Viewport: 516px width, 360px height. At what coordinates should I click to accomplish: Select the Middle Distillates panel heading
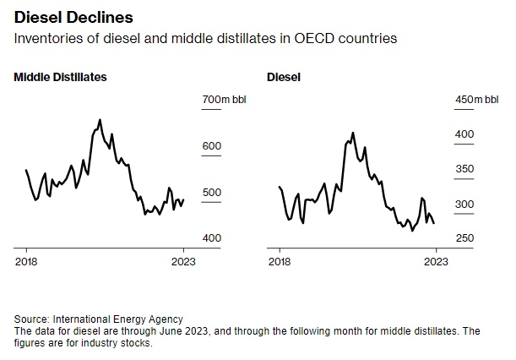click(x=60, y=77)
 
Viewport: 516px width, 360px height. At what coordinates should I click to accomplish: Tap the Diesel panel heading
click(x=284, y=77)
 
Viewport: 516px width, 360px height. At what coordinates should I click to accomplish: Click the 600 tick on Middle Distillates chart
click(x=211, y=146)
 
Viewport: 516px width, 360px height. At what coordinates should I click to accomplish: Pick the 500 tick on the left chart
click(x=211, y=193)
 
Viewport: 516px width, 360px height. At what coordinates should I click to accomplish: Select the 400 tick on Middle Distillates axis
click(x=211, y=238)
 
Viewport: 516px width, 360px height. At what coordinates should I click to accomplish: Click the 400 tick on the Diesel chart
click(x=465, y=134)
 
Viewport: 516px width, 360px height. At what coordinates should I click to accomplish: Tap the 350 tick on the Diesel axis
click(x=465, y=170)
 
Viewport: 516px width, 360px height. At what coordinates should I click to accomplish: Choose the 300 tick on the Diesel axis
click(x=465, y=205)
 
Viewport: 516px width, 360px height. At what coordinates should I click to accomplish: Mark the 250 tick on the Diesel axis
click(x=465, y=239)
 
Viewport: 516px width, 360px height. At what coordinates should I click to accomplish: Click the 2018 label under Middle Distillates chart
click(x=26, y=261)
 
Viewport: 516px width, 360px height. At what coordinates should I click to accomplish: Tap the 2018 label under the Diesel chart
click(x=280, y=261)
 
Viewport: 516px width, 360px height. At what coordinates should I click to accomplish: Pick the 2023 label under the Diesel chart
click(x=436, y=261)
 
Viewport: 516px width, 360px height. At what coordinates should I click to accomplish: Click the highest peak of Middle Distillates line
click(x=100, y=120)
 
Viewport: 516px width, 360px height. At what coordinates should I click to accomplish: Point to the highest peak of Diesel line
click(x=353, y=133)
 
